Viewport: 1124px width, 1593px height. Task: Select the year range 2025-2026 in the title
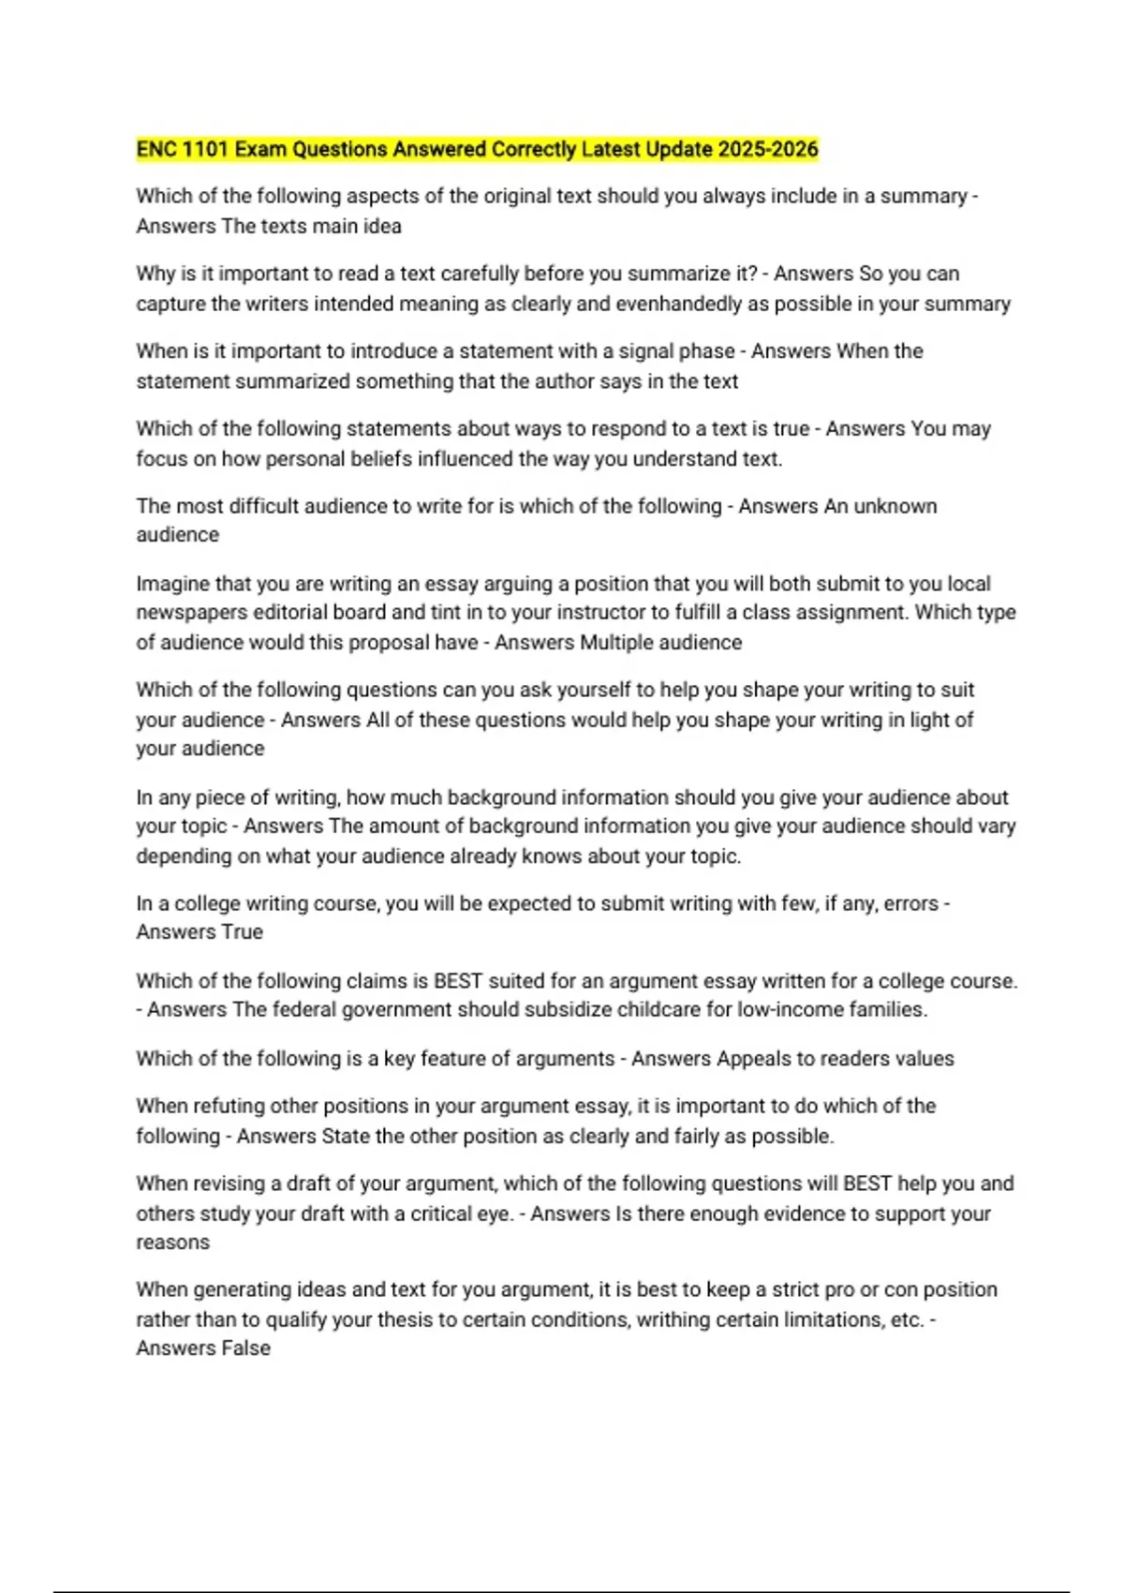768,150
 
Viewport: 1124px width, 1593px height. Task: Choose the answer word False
245,1348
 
